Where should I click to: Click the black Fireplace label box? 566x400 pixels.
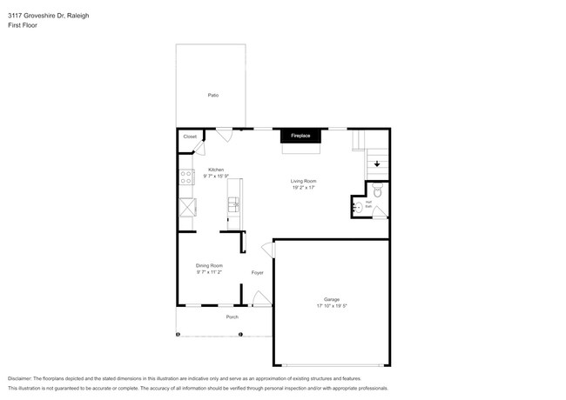[x=300, y=137]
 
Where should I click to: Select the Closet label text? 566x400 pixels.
[x=190, y=137]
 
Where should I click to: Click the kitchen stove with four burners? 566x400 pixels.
[x=186, y=177]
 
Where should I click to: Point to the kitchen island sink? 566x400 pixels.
[x=233, y=205]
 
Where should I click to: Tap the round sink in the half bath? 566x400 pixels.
[x=359, y=208]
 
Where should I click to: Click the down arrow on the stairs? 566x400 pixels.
[x=377, y=163]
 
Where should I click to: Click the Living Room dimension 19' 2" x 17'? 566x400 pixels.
[x=303, y=187]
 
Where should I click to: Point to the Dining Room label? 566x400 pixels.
[x=209, y=265]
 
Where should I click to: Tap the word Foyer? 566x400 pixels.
[x=258, y=273]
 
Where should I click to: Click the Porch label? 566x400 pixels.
[x=232, y=317]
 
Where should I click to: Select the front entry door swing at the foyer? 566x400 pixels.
[x=259, y=300]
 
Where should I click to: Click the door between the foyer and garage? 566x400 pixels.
[x=269, y=250]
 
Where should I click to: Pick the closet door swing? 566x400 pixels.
[x=197, y=149]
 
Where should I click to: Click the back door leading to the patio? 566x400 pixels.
[x=225, y=134]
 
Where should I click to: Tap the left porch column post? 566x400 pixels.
[x=178, y=334]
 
